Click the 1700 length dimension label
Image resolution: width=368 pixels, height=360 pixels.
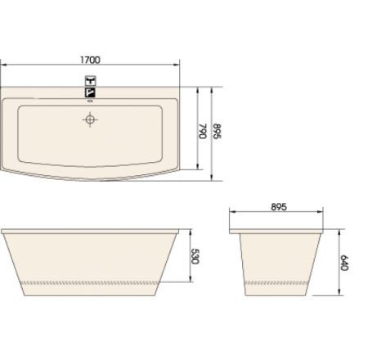(x=90, y=60)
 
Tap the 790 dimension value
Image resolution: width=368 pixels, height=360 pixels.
(x=203, y=131)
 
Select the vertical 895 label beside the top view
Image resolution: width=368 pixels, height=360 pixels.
(x=217, y=131)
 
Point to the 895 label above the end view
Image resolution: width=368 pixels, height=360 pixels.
(x=279, y=207)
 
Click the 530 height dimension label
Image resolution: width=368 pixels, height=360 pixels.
(x=195, y=256)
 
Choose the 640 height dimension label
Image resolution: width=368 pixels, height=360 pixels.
(x=344, y=263)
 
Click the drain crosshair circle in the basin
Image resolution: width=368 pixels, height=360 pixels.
(x=90, y=119)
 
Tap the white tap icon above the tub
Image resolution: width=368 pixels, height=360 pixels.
(x=90, y=81)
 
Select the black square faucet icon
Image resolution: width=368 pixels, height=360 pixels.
(x=90, y=92)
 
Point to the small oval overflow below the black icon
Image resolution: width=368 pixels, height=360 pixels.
(x=90, y=101)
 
